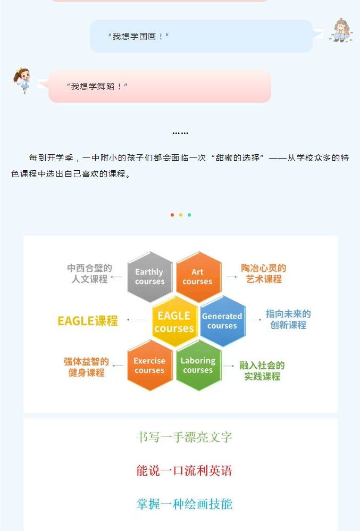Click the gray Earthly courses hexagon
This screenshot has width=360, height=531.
[x=150, y=277]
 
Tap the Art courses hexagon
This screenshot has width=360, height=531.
[x=198, y=277]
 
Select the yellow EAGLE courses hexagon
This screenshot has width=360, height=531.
[x=174, y=321]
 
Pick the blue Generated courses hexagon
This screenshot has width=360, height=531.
[x=223, y=321]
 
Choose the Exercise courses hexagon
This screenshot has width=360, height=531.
[x=150, y=366]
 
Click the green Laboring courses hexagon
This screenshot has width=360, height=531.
[x=198, y=366]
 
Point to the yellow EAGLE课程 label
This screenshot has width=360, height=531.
[x=88, y=321]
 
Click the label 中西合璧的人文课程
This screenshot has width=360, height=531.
[x=90, y=273]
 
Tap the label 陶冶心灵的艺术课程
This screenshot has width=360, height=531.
[x=264, y=273]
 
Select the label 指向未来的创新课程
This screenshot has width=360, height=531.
[x=288, y=319]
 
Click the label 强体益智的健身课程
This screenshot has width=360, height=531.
[x=86, y=367]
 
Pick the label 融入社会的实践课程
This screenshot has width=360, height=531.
[x=262, y=371]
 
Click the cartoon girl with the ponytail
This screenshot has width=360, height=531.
[x=22, y=80]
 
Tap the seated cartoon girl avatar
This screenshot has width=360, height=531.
[x=341, y=30]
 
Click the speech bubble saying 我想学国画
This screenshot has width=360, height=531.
[x=202, y=36]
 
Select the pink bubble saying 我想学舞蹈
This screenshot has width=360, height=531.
[x=160, y=86]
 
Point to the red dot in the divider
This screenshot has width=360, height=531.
[x=172, y=215]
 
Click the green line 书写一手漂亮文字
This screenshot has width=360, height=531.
[x=185, y=437]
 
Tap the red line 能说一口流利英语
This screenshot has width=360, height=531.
[x=185, y=470]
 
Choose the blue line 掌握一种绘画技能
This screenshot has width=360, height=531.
[x=185, y=504]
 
